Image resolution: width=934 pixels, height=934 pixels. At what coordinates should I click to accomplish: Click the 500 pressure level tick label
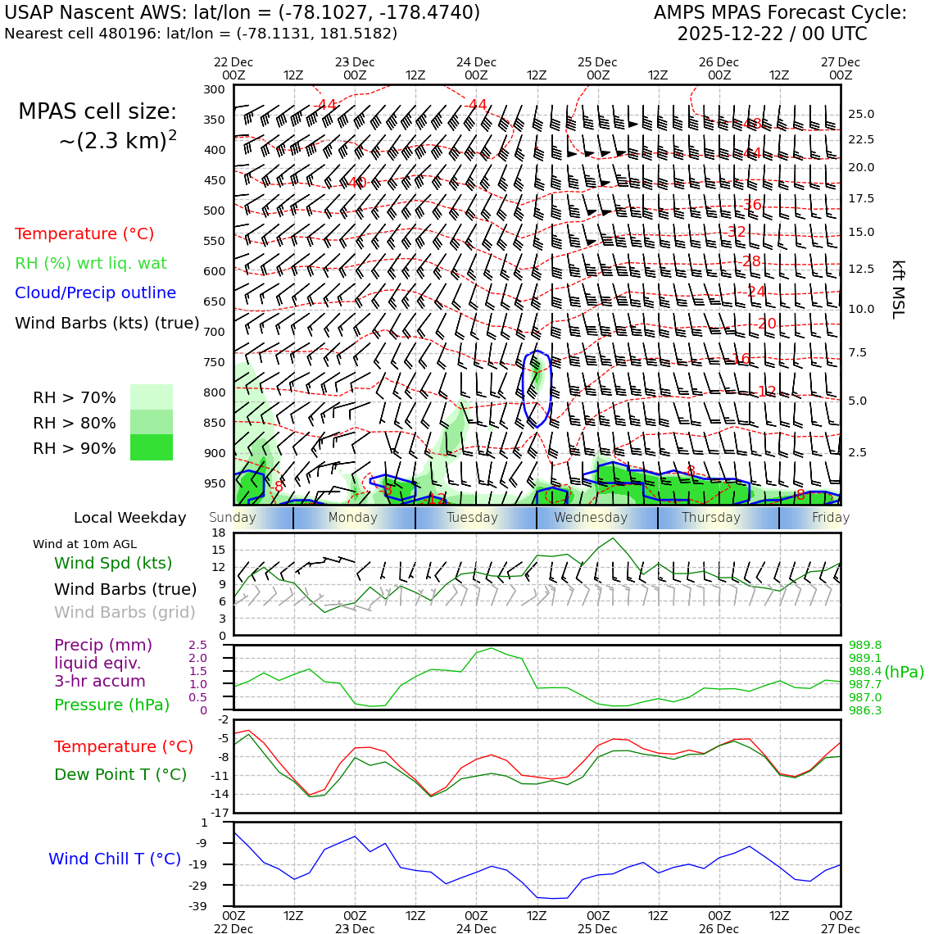[x=215, y=211]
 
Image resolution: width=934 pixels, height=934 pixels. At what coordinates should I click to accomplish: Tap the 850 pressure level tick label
[x=215, y=423]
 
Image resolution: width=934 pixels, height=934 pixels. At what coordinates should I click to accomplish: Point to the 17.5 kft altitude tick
[x=860, y=199]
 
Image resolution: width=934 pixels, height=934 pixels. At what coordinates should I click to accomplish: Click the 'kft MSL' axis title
[x=898, y=289]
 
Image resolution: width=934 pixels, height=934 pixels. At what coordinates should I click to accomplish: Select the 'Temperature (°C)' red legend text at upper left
[x=84, y=233]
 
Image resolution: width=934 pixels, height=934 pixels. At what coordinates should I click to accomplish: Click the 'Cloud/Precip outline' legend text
[x=95, y=292]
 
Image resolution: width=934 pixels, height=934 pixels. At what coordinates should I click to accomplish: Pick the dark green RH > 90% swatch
[x=152, y=447]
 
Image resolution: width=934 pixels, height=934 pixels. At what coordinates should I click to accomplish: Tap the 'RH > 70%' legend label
[x=75, y=398]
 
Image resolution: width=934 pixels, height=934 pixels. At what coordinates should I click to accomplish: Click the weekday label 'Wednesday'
[x=591, y=518]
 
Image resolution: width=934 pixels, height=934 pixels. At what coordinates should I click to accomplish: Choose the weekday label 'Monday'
[x=353, y=518]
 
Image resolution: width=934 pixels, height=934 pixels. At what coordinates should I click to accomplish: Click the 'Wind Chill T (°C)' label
[x=115, y=859]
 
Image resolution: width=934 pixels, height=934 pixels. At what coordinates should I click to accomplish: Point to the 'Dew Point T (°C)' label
[x=120, y=774]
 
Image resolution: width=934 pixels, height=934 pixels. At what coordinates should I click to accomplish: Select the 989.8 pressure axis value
[x=865, y=645]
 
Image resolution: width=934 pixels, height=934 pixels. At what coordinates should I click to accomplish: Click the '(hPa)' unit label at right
[x=904, y=672]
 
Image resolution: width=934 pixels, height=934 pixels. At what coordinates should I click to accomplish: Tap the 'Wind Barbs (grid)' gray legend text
[x=125, y=612]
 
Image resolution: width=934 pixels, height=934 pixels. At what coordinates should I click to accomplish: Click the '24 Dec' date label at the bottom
[x=476, y=929]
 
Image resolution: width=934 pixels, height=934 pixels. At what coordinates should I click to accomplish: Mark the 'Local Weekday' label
[x=130, y=518]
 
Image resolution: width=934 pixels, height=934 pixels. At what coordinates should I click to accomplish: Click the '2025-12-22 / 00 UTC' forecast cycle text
[x=772, y=34]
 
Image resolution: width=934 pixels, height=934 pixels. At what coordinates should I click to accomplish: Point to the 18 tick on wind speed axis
[x=219, y=533]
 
